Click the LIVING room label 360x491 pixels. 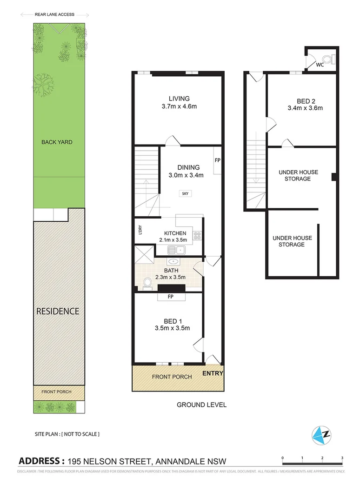(179, 99)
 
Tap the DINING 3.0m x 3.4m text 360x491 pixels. (188, 175)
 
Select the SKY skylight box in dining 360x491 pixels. (187, 193)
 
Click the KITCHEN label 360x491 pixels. (175, 233)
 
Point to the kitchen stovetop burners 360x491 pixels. (197, 236)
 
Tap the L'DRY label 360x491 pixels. (139, 230)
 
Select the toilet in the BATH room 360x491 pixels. (148, 282)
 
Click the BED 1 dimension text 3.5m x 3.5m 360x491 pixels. (172, 328)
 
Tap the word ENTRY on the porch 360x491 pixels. (213, 373)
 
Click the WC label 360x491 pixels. (320, 65)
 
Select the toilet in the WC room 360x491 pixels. (329, 59)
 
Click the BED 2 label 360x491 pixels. (305, 100)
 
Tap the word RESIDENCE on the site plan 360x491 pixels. (58, 311)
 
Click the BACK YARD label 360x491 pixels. (57, 142)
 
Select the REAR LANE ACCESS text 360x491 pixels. (54, 15)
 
